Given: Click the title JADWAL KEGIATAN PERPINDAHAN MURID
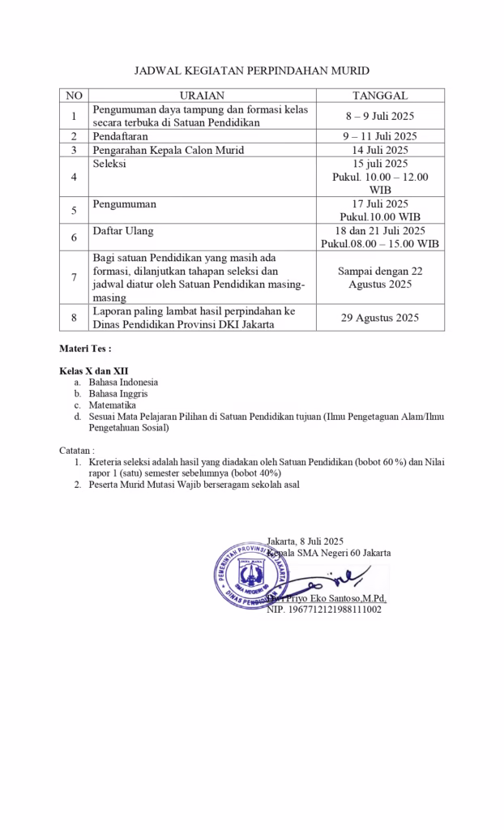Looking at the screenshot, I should pos(251,71).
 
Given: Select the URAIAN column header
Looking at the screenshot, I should pos(202,96).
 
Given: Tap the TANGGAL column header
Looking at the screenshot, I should pos(380,96).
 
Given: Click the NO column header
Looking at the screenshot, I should pos(74,96).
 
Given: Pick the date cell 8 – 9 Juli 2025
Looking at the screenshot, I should pos(380,116).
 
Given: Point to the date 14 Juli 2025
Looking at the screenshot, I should pos(380,150).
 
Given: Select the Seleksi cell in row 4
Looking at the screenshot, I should pos(109,164).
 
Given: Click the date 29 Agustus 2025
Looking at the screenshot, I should pos(380,318).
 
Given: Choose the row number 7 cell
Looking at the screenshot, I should pos(74,277).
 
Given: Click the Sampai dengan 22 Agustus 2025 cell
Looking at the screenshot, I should pos(380,277).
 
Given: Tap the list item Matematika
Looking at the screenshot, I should pos(113,404).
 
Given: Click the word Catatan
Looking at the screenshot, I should pos(77,450).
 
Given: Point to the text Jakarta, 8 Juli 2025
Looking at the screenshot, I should pos(305,541).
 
